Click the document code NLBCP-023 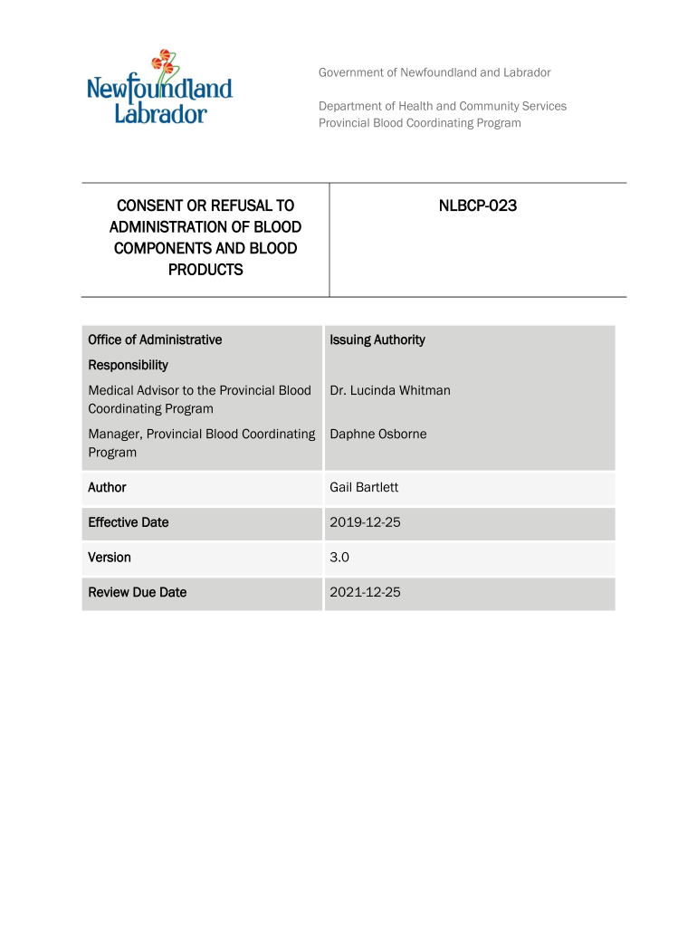(x=477, y=206)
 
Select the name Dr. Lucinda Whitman (x=390, y=390)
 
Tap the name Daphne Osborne (x=377, y=434)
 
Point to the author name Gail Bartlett (x=364, y=487)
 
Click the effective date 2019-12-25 (x=365, y=522)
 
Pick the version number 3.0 (x=339, y=558)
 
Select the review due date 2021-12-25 (x=365, y=592)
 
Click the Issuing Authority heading (x=377, y=339)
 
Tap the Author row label (x=107, y=487)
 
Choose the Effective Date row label (x=128, y=522)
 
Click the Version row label (x=109, y=558)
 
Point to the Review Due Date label (x=137, y=592)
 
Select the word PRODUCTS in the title (x=205, y=270)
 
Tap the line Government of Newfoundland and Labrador (x=434, y=72)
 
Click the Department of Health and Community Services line (x=442, y=106)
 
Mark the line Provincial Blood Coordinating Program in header (x=419, y=123)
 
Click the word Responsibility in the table (x=128, y=365)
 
